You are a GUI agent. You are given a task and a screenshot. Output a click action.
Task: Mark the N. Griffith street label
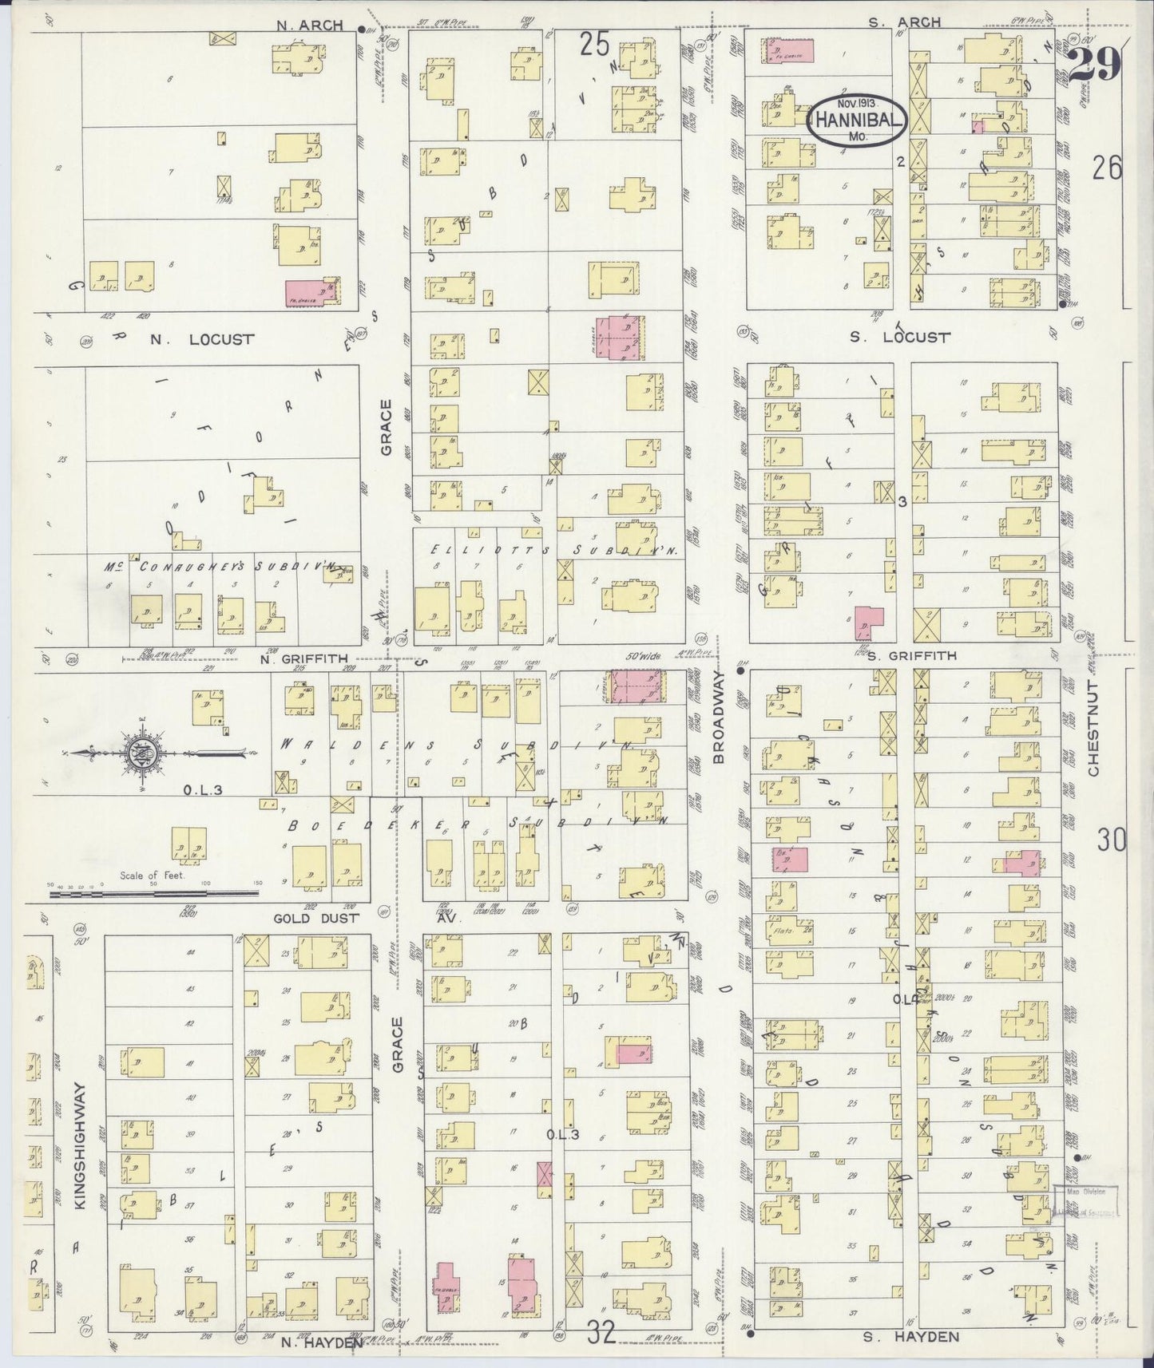pos(307,658)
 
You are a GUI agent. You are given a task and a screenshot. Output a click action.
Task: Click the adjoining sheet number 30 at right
pos(1111,840)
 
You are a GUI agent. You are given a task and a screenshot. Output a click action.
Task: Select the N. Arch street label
pos(310,25)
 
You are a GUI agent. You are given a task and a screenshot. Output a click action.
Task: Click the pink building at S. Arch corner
pos(790,50)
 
